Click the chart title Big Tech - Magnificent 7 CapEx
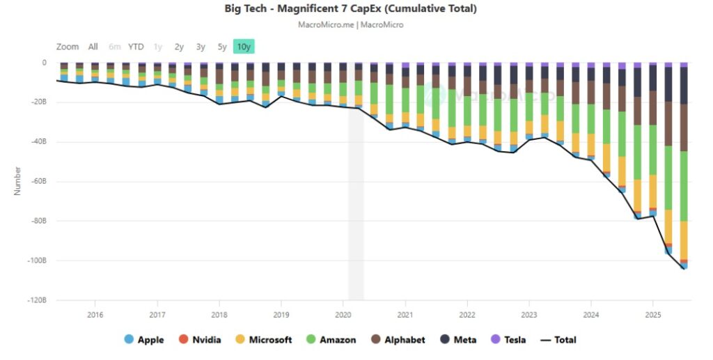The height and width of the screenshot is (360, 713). pos(351,8)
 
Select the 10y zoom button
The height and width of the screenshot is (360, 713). pos(244,47)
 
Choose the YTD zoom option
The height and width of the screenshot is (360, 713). pos(136,47)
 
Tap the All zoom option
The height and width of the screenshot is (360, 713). pos(93,47)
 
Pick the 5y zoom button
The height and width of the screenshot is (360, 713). pos(222,47)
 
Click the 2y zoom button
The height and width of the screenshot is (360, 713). pos(179,47)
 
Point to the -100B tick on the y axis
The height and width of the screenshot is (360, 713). pos(36,261)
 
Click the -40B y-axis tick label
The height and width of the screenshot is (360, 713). pos(38,142)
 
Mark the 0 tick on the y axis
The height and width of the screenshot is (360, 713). pos(44,63)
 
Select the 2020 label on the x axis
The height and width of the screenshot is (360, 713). pos(343,314)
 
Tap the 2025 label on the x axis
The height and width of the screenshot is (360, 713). pos(652,314)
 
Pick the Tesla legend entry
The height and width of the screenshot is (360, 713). pos(508,340)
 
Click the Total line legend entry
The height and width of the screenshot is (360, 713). pos(558,340)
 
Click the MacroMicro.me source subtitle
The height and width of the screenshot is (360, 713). pos(351,24)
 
